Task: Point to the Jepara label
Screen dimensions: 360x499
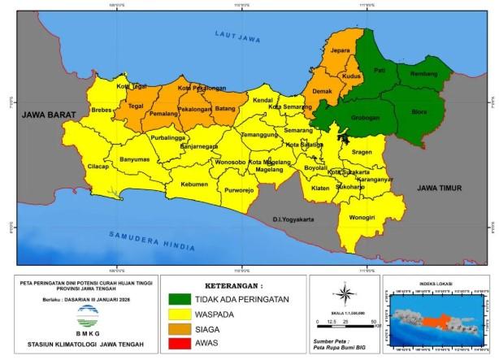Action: pos(340,50)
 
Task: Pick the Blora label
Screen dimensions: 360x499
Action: pos(419,112)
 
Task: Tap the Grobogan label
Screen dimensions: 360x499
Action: pos(365,117)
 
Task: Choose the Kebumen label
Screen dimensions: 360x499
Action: pos(195,184)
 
